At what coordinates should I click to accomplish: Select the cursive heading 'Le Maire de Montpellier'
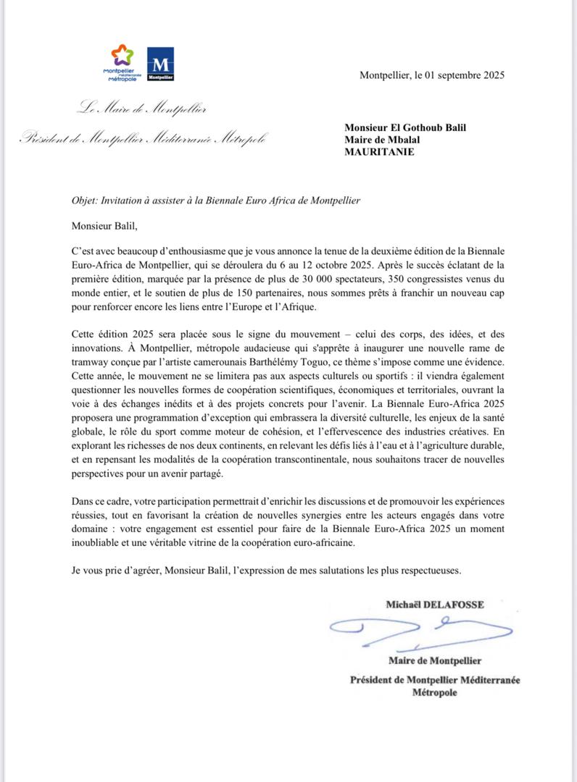pos(142,110)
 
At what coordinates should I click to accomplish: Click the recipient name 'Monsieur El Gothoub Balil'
pos(405,127)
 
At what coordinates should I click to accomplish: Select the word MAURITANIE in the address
pos(380,152)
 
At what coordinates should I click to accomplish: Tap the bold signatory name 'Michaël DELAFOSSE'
pos(434,604)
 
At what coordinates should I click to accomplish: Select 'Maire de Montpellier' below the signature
pos(435,660)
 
